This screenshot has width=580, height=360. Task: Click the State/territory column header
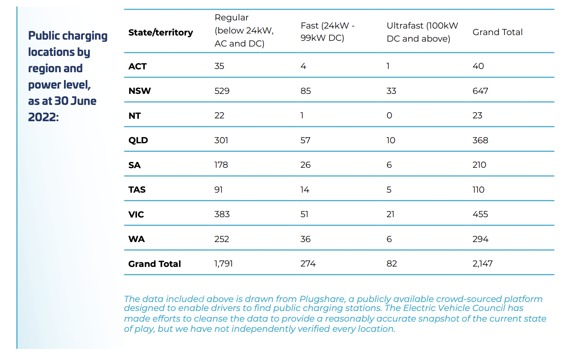coord(160,32)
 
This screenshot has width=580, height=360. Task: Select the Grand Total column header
coord(497,32)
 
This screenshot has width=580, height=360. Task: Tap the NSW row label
coord(139,91)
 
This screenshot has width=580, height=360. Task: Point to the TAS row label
coord(137,190)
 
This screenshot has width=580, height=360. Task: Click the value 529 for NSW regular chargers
coord(222,91)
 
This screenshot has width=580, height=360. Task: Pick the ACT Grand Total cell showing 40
coord(478,66)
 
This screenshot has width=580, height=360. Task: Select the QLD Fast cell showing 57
coord(305,140)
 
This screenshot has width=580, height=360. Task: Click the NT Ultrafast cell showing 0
coord(389,116)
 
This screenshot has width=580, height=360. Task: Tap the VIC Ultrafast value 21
coord(390,214)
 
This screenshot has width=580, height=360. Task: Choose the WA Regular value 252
coord(221,239)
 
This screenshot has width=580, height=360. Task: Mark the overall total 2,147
coord(483,264)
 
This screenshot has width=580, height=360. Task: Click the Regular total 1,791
coord(224,264)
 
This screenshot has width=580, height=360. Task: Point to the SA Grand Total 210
coord(479,165)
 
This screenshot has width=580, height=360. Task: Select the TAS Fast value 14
coord(305,190)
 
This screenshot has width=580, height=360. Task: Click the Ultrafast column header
coord(422,32)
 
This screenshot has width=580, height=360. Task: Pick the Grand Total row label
coord(155,264)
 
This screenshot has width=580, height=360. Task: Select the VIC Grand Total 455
coord(480,214)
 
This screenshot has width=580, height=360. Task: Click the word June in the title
coord(84,101)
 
